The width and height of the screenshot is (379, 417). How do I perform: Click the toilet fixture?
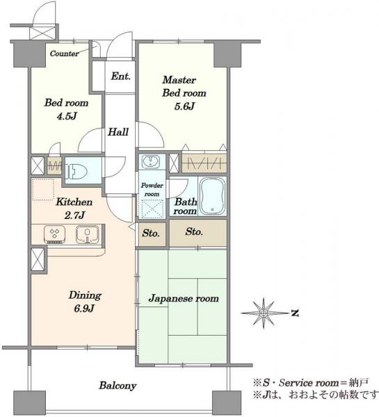[x=76, y=171]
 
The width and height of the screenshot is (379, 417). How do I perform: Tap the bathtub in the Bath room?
[x=212, y=196]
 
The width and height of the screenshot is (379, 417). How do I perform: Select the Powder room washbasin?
[x=150, y=162]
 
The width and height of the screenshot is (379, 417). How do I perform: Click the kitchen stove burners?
[x=54, y=234]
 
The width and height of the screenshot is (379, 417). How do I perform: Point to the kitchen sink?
[x=87, y=234]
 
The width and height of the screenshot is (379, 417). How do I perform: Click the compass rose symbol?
[x=264, y=313]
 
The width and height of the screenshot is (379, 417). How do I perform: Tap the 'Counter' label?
[x=64, y=54]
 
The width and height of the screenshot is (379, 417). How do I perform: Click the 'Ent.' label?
[x=121, y=76]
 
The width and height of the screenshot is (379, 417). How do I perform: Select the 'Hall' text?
[x=118, y=131]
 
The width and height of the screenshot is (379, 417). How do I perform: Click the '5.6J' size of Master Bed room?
[x=184, y=106]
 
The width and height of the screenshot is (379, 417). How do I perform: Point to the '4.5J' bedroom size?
[x=67, y=116]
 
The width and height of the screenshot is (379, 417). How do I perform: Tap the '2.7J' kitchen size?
[x=74, y=215]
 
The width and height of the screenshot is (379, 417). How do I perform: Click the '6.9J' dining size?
[x=84, y=309]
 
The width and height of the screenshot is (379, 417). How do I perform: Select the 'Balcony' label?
[x=118, y=385]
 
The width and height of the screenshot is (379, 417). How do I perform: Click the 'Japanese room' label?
[x=184, y=298]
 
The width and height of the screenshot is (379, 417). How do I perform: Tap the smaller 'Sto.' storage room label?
[x=151, y=234]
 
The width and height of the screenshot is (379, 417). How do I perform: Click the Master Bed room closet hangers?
[x=204, y=163]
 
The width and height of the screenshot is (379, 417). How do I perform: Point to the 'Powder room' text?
[x=152, y=190]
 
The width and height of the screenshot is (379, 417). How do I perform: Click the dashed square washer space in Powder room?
[x=152, y=208]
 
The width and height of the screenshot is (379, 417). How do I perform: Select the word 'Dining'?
[x=85, y=295]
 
